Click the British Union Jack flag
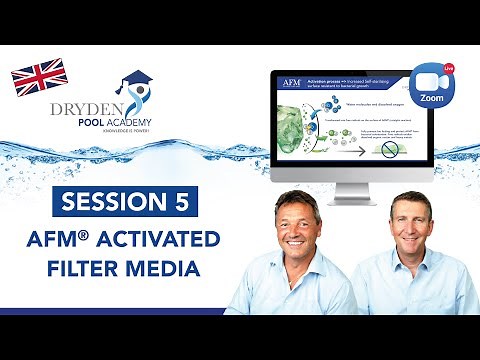tap(39, 77)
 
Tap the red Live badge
tap(447, 66)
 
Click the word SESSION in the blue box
tap(112, 201)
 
